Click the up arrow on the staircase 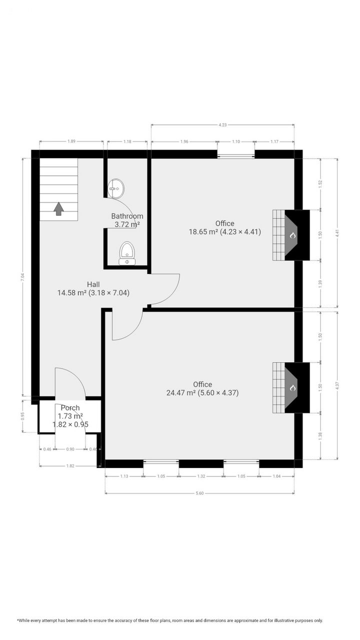click(58, 208)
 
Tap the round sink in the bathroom click(116, 188)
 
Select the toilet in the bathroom click(127, 252)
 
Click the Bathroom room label click(127, 216)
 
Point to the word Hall click(93, 284)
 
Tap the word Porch click(70, 407)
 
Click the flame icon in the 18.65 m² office click(292, 235)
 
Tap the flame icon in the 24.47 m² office click(292, 387)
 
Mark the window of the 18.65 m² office click(236, 155)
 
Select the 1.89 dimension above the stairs click(71, 141)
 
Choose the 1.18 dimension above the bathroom click(127, 141)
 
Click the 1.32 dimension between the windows click(201, 476)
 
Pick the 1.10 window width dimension click(236, 141)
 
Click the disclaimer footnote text click(170, 620)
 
